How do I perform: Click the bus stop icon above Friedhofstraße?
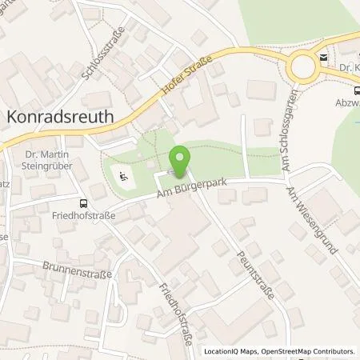point(83,203)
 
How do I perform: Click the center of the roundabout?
point(304,66)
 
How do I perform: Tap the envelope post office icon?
point(322,57)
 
